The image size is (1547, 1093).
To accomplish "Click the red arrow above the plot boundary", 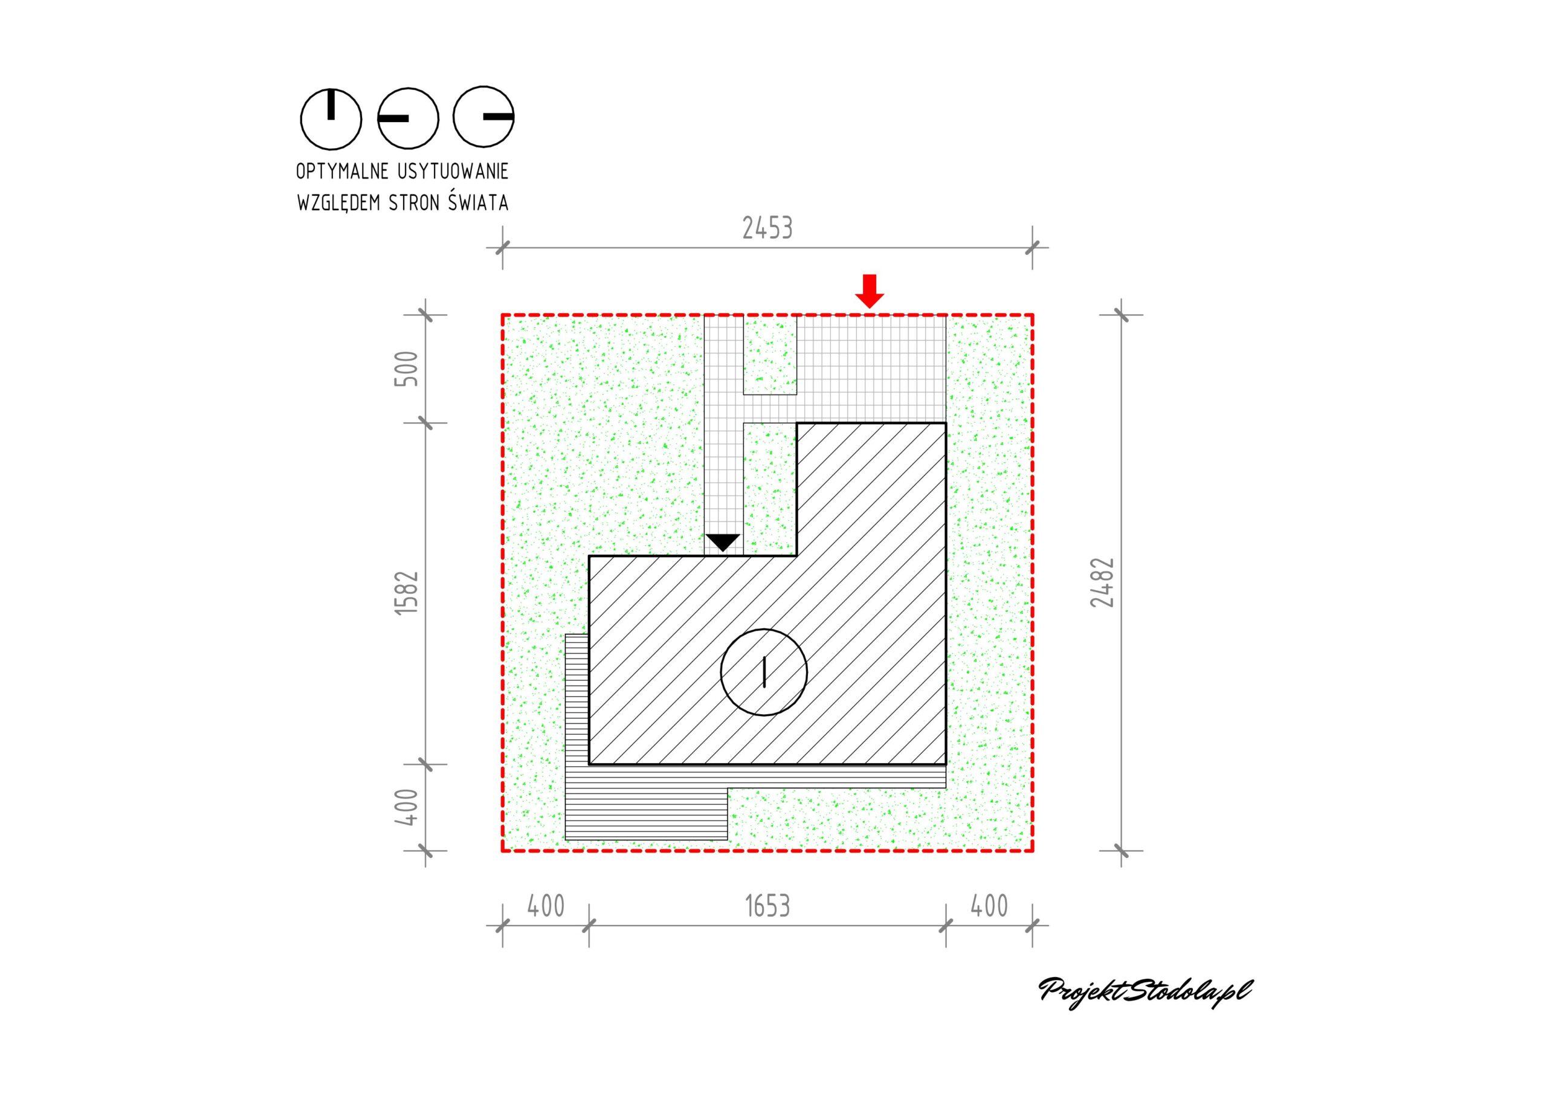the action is coord(870,291).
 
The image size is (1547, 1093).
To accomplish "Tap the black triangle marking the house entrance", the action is coord(723,543).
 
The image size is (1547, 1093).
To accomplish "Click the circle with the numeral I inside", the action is coord(763,672).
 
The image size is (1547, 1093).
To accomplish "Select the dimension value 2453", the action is coord(767,228).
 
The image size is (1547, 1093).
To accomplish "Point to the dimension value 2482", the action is coord(1102,582).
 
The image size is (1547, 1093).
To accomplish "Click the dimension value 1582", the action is coord(407,592).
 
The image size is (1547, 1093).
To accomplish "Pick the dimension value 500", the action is coord(407,369).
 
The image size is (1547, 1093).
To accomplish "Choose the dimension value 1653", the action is coord(767,906).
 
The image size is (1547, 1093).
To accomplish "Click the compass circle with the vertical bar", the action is coord(331,118).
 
